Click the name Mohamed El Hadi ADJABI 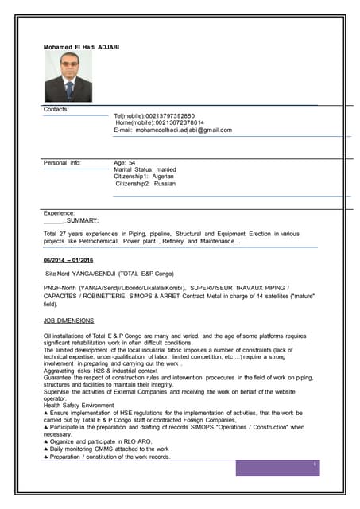81,48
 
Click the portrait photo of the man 68,77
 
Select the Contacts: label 56,109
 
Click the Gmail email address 172,130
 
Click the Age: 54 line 125,163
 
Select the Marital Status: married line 145,169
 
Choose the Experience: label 59,213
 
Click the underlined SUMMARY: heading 83,220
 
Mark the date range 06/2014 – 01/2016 79,259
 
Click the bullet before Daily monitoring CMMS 46,449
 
